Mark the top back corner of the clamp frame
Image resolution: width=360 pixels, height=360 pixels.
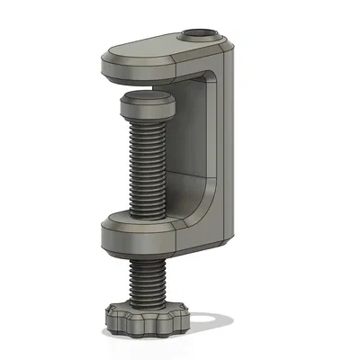click(229, 45)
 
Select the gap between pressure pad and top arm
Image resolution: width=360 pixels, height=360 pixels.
click(148, 88)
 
